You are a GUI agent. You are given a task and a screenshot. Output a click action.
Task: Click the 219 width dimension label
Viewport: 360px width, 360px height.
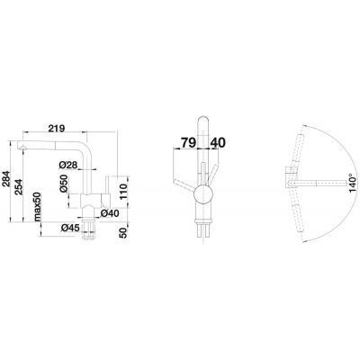tap(57, 128)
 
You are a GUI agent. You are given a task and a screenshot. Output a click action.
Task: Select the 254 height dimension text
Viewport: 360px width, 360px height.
tap(19, 187)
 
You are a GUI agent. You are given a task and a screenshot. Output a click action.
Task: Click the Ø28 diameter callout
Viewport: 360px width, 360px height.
tap(68, 165)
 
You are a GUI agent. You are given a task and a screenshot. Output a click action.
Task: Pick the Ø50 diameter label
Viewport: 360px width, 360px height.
tap(63, 184)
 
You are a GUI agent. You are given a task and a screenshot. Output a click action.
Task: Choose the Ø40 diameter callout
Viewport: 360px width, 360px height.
tap(110, 213)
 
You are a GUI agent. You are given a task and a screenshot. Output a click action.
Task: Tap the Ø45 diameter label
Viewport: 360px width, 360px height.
tap(70, 228)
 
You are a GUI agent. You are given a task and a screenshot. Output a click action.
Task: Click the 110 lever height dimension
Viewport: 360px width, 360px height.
tap(123, 192)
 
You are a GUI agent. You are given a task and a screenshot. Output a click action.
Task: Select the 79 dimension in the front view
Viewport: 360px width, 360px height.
tap(188, 143)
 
